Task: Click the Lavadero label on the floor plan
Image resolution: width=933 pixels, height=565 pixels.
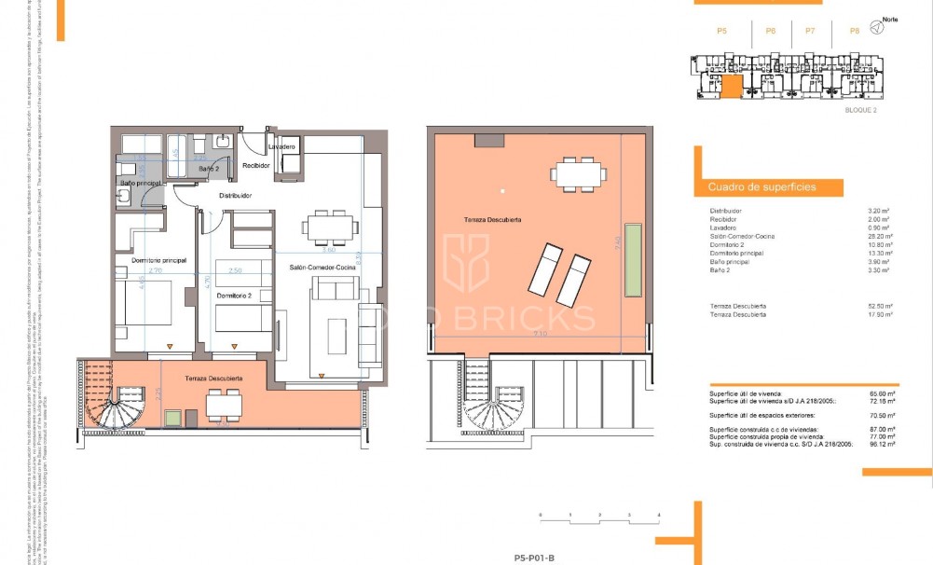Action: tap(282, 147)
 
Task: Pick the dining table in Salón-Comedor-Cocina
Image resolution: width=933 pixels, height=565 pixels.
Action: tap(329, 227)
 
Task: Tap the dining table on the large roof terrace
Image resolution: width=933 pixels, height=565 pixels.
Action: tap(578, 172)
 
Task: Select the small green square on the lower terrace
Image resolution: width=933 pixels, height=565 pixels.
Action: tap(172, 417)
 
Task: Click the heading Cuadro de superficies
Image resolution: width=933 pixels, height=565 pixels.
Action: tap(749, 187)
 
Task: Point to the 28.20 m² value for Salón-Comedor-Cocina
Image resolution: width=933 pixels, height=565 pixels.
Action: tap(878, 236)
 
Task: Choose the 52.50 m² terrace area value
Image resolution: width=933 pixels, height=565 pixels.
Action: tap(879, 306)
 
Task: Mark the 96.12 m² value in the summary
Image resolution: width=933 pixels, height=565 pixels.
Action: tap(880, 446)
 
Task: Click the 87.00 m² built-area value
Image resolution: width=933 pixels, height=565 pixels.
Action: tap(880, 429)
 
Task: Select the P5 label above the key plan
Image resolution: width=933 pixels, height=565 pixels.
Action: tap(721, 31)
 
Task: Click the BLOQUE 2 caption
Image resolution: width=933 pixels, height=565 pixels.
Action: tap(860, 110)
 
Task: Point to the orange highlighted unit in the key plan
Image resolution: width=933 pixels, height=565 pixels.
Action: tap(732, 87)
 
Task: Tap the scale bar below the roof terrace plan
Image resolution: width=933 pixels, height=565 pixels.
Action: tap(599, 515)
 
